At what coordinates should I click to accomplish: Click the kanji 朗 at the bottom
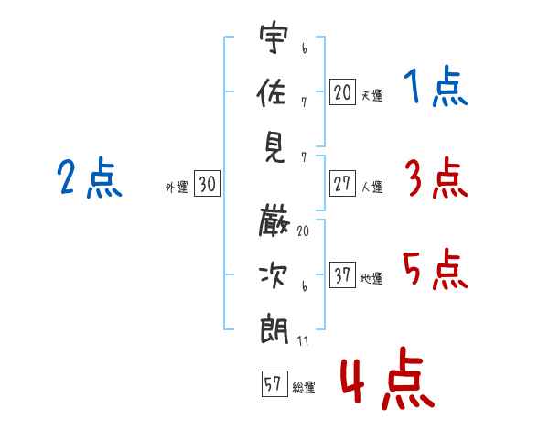(274, 328)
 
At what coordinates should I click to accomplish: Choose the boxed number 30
(207, 184)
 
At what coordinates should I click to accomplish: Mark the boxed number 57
(273, 384)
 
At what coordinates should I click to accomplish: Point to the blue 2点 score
(89, 177)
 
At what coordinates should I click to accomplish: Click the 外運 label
(177, 188)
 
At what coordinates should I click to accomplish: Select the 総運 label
(304, 388)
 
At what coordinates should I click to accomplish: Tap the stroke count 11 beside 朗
(303, 340)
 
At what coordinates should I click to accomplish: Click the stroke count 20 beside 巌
(303, 232)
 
